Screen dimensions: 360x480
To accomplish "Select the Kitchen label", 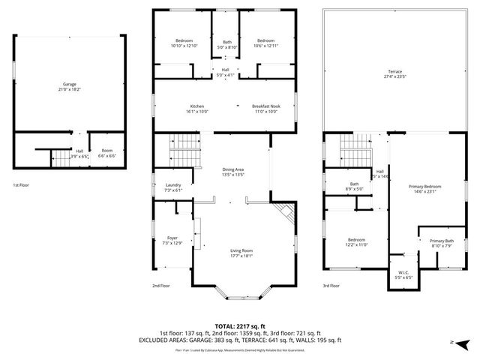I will (196, 106).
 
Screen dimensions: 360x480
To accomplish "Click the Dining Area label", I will (233, 169).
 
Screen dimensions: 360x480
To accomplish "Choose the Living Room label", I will (241, 251).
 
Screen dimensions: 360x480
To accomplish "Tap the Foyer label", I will (172, 238).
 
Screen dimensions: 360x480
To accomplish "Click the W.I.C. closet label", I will (403, 273).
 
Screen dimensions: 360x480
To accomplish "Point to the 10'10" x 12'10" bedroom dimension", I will (184, 46).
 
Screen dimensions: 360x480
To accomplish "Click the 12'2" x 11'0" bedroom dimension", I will (356, 244).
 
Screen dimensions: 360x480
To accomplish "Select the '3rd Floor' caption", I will (332, 286).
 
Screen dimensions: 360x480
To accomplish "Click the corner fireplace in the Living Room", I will (283, 213).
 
